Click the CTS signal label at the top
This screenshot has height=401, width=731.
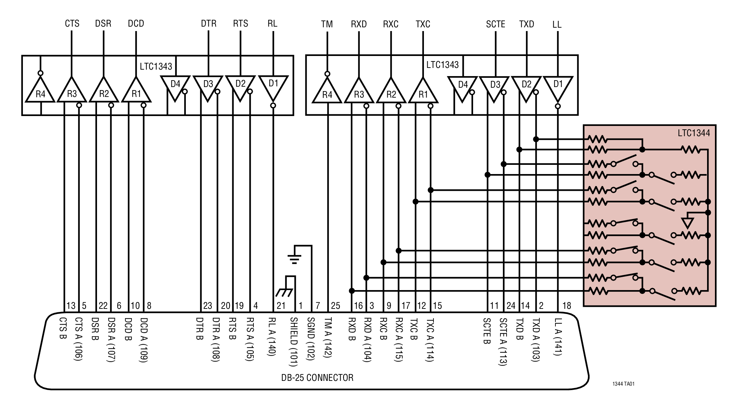tap(72, 24)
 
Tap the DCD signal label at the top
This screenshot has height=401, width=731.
tap(136, 24)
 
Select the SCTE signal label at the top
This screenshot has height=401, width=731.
tap(495, 24)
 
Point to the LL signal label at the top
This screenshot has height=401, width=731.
tap(557, 25)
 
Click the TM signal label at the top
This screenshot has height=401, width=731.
tap(327, 24)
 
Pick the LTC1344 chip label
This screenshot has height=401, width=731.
tap(694, 133)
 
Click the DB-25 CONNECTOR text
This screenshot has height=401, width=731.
tap(317, 377)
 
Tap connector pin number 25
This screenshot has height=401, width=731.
tap(335, 306)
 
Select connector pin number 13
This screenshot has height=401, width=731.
tap(71, 306)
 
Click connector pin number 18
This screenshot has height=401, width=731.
tap(566, 306)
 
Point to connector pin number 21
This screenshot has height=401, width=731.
tap(281, 306)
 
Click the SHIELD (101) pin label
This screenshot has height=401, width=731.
tap(294, 341)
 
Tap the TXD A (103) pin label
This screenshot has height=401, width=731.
tap(536, 340)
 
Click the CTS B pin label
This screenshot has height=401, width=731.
tap(63, 329)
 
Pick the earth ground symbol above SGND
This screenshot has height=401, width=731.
tap(294, 259)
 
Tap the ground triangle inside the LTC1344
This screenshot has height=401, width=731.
tap(687, 223)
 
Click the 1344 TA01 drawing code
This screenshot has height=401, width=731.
tap(623, 384)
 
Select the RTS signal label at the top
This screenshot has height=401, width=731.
tap(240, 24)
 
